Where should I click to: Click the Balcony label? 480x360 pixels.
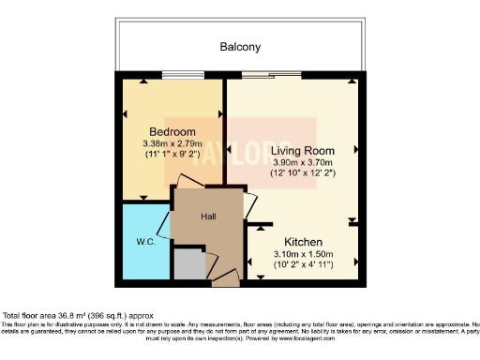(240, 46)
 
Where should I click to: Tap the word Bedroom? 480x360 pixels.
(172, 131)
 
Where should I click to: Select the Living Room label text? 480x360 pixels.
(296, 150)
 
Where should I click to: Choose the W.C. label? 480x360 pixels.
(145, 241)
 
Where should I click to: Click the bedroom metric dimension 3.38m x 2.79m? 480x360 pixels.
(172, 143)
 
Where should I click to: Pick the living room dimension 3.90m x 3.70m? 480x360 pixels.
(296, 161)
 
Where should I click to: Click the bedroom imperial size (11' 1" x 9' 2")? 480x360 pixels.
(172, 155)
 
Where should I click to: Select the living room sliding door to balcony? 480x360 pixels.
(266, 77)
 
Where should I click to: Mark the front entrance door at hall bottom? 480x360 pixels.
(225, 277)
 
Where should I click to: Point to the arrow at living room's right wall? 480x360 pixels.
(356, 150)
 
